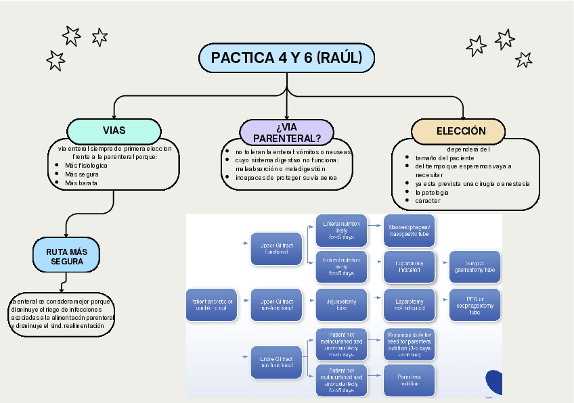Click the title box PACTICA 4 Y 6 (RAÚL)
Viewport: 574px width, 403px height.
click(x=286, y=57)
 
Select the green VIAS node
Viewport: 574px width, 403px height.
click(x=114, y=131)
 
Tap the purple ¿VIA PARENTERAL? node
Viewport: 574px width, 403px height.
click(x=287, y=133)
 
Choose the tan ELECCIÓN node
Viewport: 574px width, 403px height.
click(x=461, y=131)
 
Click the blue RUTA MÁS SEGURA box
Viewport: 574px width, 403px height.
click(x=65, y=256)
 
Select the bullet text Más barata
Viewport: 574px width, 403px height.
click(x=81, y=183)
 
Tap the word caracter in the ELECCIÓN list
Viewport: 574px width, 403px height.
click(x=428, y=201)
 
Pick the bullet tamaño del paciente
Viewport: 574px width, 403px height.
click(x=445, y=158)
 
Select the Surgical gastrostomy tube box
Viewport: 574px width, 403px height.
click(x=474, y=267)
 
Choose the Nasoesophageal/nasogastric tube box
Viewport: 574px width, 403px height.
click(x=409, y=231)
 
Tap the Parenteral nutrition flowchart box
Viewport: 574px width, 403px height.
click(x=409, y=380)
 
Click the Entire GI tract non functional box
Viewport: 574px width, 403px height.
click(x=276, y=362)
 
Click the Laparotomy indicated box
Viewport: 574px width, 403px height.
click(x=409, y=267)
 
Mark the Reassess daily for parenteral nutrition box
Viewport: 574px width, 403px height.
click(x=409, y=343)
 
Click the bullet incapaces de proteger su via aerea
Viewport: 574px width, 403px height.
click(x=286, y=178)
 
